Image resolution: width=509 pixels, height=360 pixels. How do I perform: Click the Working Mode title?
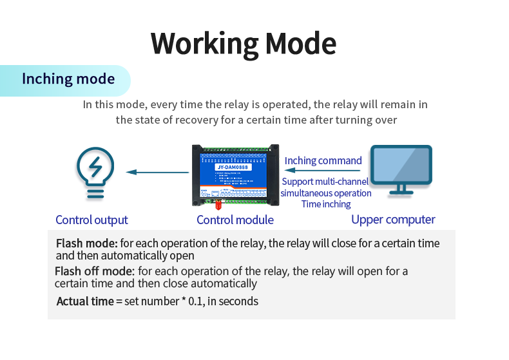pos(244,43)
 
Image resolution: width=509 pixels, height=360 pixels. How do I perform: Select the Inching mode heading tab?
pos(68,79)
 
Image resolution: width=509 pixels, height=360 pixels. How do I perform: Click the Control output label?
pos(91,220)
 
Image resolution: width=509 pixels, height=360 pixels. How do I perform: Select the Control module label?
pos(235,220)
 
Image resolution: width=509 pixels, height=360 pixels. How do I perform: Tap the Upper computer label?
pos(393,220)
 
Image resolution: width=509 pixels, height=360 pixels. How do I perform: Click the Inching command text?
pos(323,160)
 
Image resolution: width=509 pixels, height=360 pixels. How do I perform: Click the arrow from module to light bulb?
pos(158,172)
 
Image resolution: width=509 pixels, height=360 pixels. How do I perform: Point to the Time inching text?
pos(326,204)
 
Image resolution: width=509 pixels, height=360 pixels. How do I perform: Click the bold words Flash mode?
pos(86,243)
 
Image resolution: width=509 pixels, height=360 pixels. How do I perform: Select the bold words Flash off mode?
pos(95,270)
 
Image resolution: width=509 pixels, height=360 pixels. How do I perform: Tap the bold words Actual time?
pos(84,301)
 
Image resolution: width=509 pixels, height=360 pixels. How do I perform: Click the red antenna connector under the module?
pos(218,205)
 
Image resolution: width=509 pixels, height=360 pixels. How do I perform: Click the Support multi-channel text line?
pos(325,182)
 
